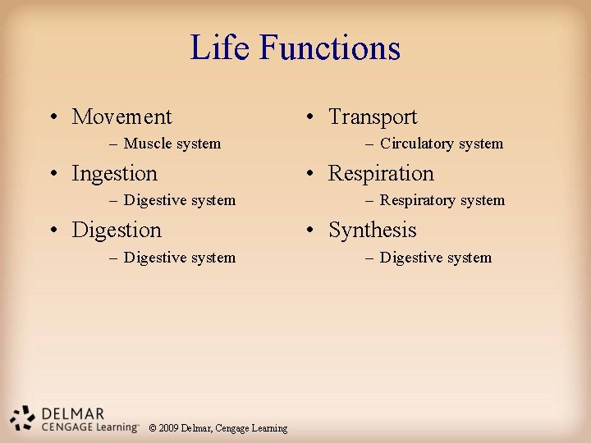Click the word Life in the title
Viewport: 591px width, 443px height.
222,48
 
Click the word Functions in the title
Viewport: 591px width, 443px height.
330,48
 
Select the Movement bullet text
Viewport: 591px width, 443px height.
121,117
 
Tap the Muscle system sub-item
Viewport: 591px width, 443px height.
172,144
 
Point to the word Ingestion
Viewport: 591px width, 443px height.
114,174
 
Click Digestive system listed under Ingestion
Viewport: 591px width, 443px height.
179,200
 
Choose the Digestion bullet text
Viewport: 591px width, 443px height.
117,231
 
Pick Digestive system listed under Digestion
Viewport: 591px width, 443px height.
179,258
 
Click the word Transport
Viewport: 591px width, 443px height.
373,117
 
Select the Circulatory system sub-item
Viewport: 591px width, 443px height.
441,144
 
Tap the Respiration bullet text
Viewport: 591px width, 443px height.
381,174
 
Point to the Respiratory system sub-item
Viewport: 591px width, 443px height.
442,200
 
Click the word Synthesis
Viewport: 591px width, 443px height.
372,231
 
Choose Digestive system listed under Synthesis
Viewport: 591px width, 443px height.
435,258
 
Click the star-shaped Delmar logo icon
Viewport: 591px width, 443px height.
23,418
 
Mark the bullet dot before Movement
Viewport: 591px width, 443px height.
53,118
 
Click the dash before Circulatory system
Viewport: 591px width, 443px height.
371,144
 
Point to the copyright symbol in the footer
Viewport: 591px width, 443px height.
153,428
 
